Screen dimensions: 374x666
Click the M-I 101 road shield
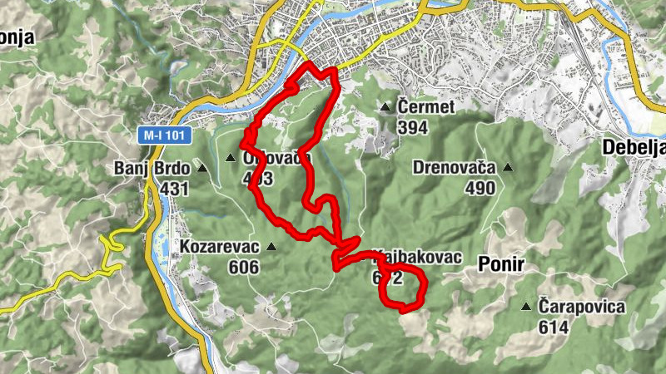click(165, 134)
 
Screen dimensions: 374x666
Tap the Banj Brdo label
click(152, 169)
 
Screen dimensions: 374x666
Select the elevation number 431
click(175, 189)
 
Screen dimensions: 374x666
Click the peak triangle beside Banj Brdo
click(202, 168)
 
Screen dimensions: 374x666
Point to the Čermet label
click(425, 107)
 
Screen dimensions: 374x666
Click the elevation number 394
click(413, 127)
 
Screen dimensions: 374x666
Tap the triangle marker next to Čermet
click(385, 107)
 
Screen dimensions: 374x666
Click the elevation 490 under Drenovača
click(480, 188)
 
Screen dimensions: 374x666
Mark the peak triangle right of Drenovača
click(507, 168)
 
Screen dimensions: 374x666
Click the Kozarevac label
click(218, 247)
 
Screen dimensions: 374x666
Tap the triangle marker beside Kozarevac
click(271, 247)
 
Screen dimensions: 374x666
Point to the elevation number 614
click(553, 327)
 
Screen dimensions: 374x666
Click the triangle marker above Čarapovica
click(526, 307)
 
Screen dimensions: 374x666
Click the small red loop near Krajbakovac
click(402, 288)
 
